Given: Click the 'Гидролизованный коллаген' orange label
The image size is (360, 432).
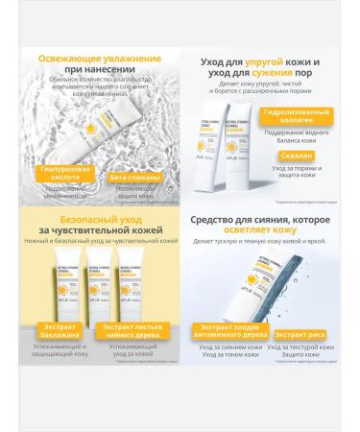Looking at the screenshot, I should [284, 141].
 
